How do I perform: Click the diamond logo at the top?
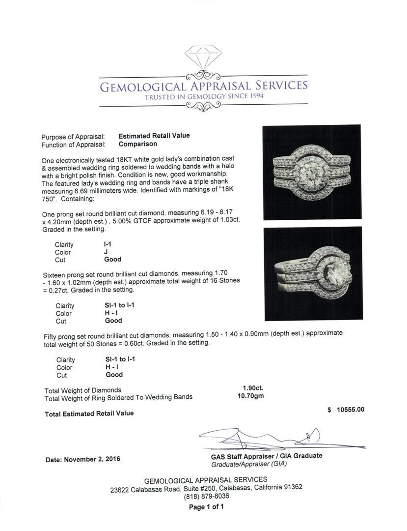[203, 58]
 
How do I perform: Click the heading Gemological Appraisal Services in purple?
[204, 86]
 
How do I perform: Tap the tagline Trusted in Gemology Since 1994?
[204, 96]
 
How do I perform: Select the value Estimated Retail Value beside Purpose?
[154, 136]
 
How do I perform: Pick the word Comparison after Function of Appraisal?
[137, 144]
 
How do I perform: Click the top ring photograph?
[312, 172]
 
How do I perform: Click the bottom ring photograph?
[312, 274]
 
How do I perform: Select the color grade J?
[106, 252]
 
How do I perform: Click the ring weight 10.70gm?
[250, 396]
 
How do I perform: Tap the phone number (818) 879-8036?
[206, 496]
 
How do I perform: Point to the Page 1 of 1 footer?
[206, 507]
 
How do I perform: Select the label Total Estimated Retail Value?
[89, 413]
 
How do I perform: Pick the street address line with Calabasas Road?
[206, 488]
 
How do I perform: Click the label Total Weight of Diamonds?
[82, 390]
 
